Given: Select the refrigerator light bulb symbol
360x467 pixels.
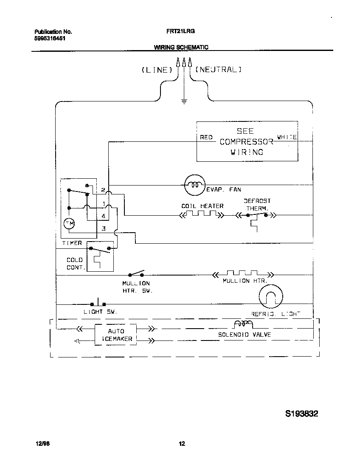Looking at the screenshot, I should pyautogui.click(x=270, y=296).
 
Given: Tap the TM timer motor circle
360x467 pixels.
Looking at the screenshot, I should pyautogui.click(x=69, y=224).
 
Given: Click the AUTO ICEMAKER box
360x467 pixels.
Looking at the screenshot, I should pyautogui.click(x=115, y=335).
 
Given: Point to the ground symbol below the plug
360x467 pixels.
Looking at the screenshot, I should pyautogui.click(x=184, y=101).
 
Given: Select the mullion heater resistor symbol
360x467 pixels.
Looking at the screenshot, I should pyautogui.click(x=242, y=274).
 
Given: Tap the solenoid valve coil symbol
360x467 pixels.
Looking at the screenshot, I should pyautogui.click(x=243, y=325).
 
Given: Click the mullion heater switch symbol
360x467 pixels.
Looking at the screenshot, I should pyautogui.click(x=136, y=273).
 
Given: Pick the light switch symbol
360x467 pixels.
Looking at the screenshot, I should pyautogui.click(x=98, y=303).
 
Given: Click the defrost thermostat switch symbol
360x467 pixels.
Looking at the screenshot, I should pyautogui.click(x=256, y=216).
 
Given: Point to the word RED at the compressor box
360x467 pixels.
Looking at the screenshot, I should pyautogui.click(x=206, y=138).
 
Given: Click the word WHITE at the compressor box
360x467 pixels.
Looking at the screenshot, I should pyautogui.click(x=287, y=137).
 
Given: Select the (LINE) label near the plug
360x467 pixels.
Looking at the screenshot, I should pyautogui.click(x=157, y=70).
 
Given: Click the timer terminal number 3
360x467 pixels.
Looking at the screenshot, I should pyautogui.click(x=104, y=229).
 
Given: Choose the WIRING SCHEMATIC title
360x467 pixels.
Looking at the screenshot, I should pyautogui.click(x=181, y=48).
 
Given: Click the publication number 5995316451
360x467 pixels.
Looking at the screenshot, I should pyautogui.click(x=50, y=38).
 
